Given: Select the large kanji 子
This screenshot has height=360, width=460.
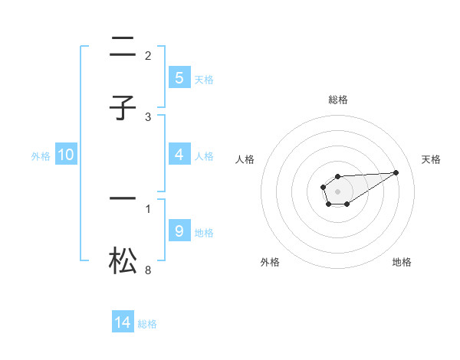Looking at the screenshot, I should point(123,108).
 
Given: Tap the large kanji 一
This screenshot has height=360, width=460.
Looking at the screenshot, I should point(123,198).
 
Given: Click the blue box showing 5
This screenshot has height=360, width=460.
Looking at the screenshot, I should point(179,78).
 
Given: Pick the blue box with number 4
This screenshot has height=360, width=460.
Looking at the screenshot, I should point(179,155).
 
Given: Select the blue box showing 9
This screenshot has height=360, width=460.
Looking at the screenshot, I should point(179,231).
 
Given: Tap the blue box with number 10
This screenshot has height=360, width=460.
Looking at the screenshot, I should point(66,155).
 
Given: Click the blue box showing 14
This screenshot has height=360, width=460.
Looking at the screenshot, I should point(123,322).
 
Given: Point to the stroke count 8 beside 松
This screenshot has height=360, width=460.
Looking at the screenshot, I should point(148,270).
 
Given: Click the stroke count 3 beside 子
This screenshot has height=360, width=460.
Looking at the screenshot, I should point(148,117).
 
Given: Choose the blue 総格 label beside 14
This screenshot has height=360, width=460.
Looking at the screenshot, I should point(147,324).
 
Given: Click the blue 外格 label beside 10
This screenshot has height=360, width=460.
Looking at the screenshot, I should point(41,155).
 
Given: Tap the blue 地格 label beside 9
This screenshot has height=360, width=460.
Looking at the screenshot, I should point(204,232).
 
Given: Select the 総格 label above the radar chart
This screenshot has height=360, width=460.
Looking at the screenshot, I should point(338,100).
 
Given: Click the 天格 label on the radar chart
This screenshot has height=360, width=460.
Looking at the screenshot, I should point(431,159).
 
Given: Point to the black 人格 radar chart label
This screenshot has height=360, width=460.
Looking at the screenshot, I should point(245,159).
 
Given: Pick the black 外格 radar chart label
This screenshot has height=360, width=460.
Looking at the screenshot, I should point(270,262).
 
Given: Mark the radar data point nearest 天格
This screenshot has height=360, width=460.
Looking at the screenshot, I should point(396,172).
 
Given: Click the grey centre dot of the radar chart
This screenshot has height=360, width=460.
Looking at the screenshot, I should point(338,191).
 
